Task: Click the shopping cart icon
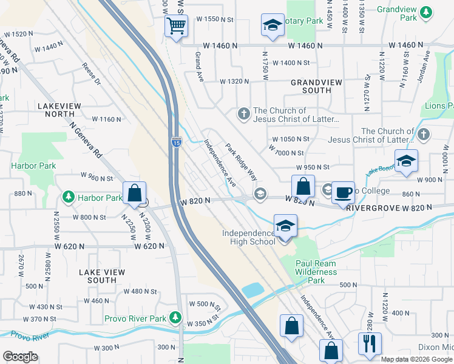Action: point(176,26)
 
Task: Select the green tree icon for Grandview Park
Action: point(427,11)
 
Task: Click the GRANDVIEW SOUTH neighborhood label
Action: point(311,86)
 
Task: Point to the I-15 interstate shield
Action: point(176,142)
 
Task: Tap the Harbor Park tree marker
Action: point(69,198)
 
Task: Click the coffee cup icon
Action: point(343,192)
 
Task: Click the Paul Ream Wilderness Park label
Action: point(316,272)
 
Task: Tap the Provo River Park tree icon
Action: point(175,317)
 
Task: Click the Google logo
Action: point(20,357)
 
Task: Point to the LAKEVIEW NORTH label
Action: point(59,110)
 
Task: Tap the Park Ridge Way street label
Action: point(241,161)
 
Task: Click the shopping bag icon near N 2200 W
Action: point(134,194)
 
